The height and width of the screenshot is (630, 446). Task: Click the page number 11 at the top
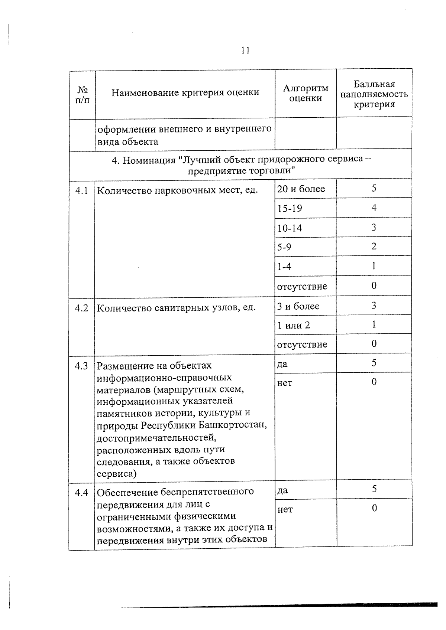click(245, 50)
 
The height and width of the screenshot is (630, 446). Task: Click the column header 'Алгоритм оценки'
click(306, 93)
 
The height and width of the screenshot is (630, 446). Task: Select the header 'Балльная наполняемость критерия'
click(374, 94)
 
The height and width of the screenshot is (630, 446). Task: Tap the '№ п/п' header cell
click(82, 95)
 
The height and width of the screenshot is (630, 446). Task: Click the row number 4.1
click(82, 191)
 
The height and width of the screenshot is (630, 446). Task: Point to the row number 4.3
click(81, 366)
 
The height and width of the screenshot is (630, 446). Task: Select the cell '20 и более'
click(301, 189)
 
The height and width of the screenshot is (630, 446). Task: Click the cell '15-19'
click(290, 208)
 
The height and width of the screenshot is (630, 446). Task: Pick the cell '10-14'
click(290, 228)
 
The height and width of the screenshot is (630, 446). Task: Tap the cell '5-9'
click(284, 247)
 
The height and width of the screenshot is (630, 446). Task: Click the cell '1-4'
click(284, 267)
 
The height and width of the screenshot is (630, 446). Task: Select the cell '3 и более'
click(298, 306)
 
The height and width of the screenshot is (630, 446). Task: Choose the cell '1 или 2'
click(293, 326)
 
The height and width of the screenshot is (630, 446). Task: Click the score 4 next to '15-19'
click(374, 208)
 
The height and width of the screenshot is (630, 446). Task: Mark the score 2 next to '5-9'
click(374, 246)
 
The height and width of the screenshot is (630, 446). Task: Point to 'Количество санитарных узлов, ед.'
click(176, 308)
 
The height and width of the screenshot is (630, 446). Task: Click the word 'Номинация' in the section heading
click(149, 160)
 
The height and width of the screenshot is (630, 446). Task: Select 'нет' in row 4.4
click(285, 510)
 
